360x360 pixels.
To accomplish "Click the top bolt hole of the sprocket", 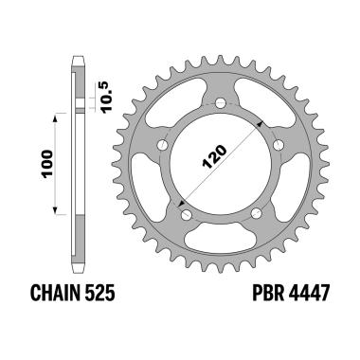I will pyautogui.click(x=221, y=101).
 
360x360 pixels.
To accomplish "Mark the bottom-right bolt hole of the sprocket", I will pyautogui.click(x=257, y=211).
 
